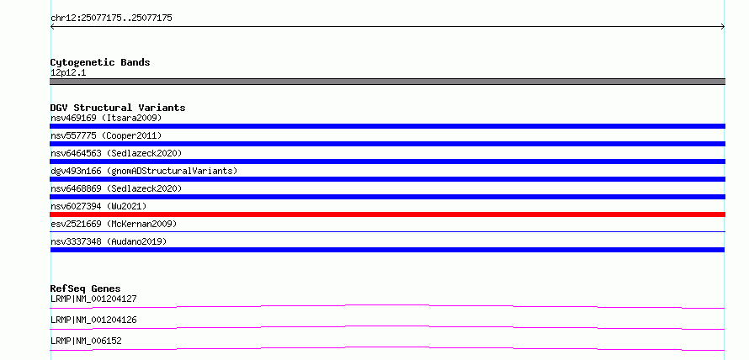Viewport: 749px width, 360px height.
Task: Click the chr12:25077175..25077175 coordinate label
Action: tap(111, 19)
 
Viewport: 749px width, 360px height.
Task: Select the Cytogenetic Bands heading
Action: tap(100, 62)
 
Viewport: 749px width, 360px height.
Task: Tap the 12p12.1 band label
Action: tap(68, 73)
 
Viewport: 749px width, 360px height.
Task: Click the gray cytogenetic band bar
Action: tap(387, 82)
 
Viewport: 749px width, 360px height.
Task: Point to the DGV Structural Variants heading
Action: tap(118, 108)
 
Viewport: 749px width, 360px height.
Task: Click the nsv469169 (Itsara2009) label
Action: tap(106, 118)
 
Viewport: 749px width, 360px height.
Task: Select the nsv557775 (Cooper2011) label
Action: tap(106, 135)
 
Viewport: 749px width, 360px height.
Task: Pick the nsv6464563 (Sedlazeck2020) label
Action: tap(116, 153)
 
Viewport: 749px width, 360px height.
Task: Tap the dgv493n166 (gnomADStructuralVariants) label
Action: tap(144, 171)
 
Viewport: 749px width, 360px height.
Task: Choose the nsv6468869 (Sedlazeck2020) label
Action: tap(116, 188)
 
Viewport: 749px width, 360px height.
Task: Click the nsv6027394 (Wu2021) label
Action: tap(98, 206)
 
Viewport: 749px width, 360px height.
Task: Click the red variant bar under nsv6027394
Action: tap(387, 214)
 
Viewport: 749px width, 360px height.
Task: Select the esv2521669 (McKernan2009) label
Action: tap(114, 224)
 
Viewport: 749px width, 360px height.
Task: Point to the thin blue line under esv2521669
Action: tap(387, 231)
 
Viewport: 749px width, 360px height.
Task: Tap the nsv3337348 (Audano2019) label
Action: tap(109, 241)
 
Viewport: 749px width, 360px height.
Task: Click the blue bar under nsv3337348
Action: tap(387, 250)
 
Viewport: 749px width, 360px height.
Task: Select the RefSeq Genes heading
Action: tap(85, 289)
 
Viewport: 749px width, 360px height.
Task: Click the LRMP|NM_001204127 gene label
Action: tap(93, 299)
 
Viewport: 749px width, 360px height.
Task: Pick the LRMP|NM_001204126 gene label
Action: tap(93, 320)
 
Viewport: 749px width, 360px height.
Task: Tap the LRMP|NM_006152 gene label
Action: tap(86, 341)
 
